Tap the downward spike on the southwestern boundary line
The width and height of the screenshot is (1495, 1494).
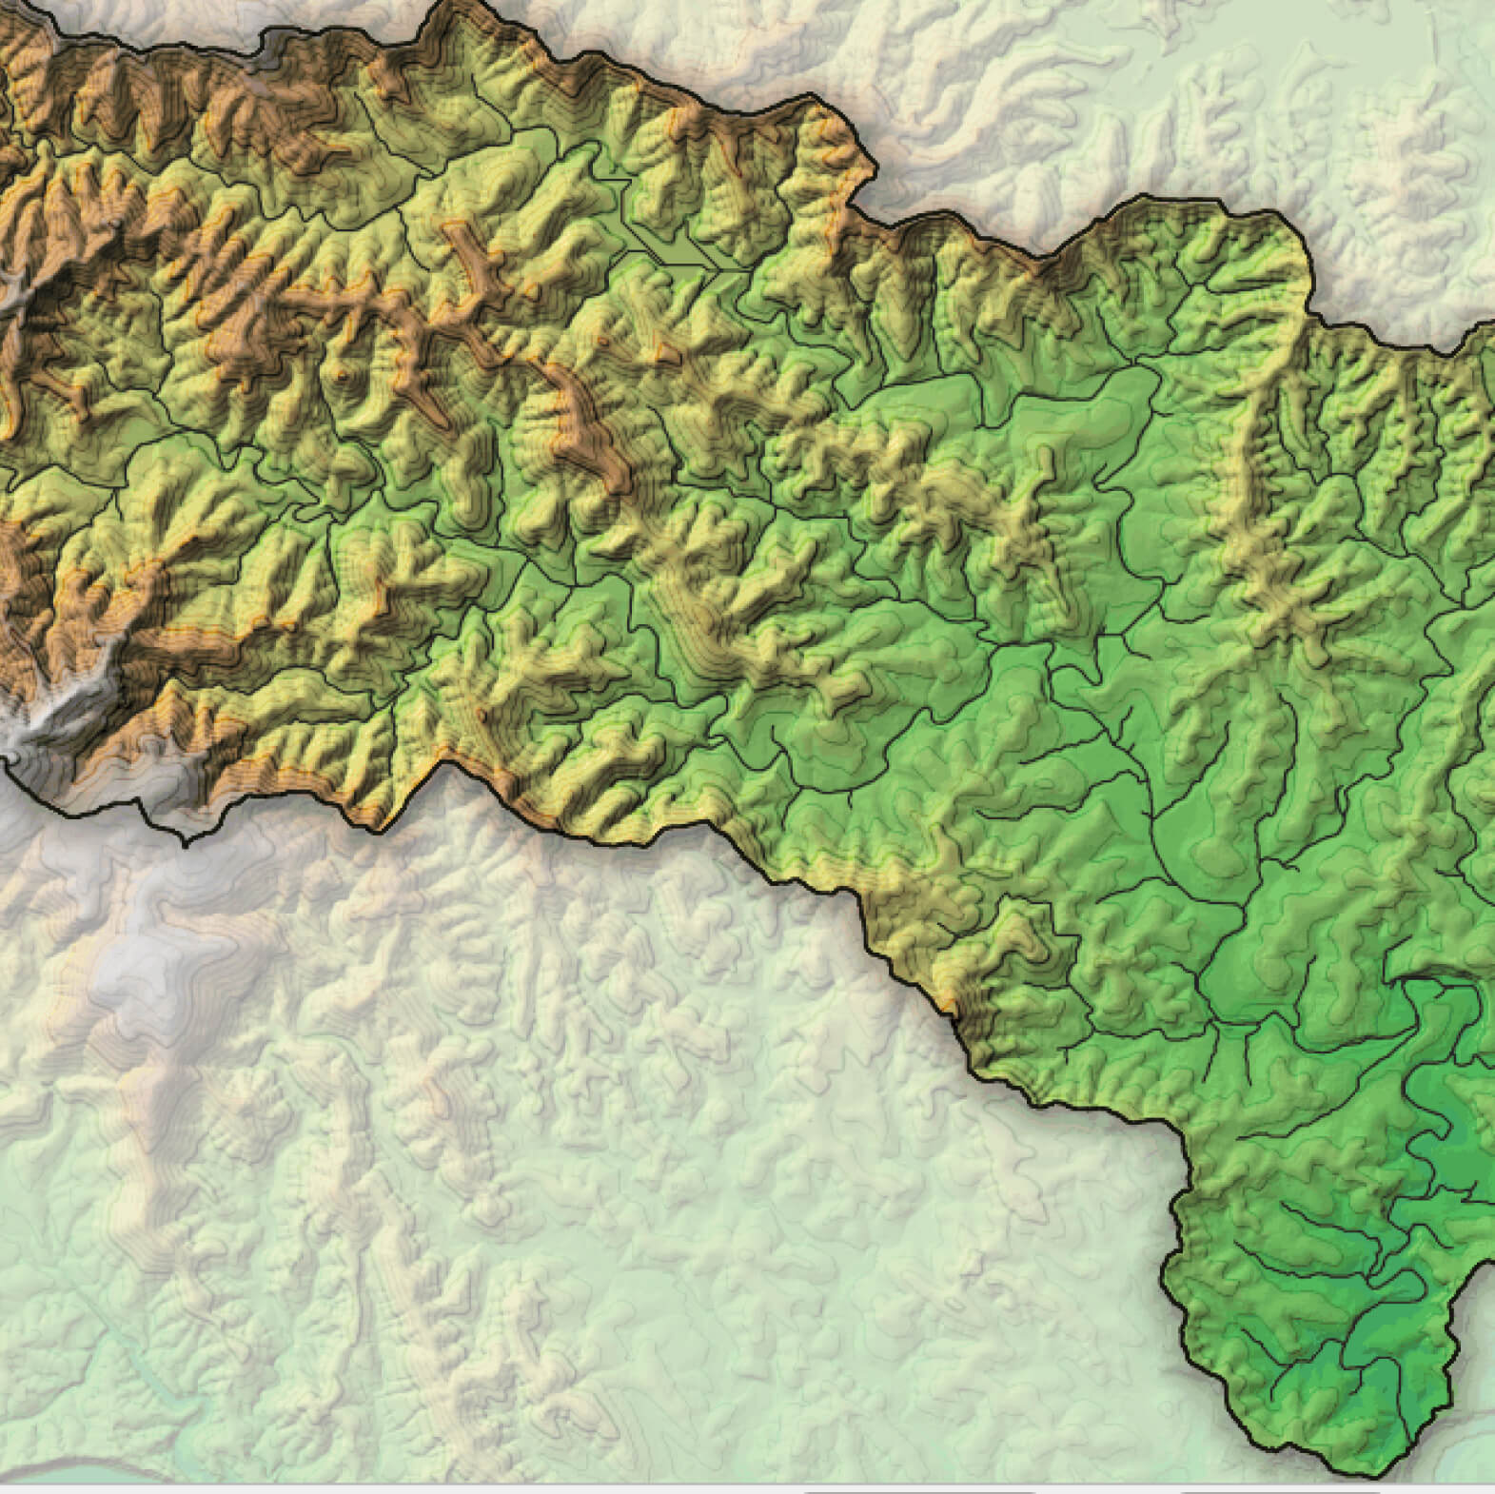click(186, 841)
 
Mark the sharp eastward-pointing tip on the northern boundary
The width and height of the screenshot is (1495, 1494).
click(872, 171)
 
